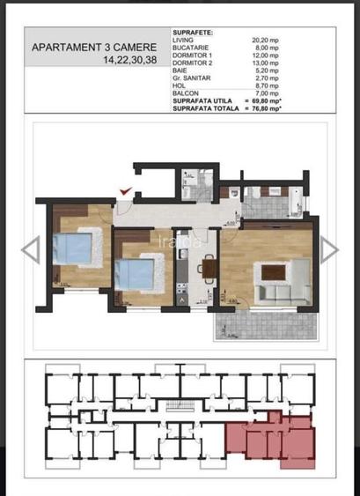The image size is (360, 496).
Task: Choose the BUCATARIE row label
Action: pyautogui.click(x=193, y=48)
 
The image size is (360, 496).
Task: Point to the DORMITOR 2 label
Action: pyautogui.click(x=195, y=63)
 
